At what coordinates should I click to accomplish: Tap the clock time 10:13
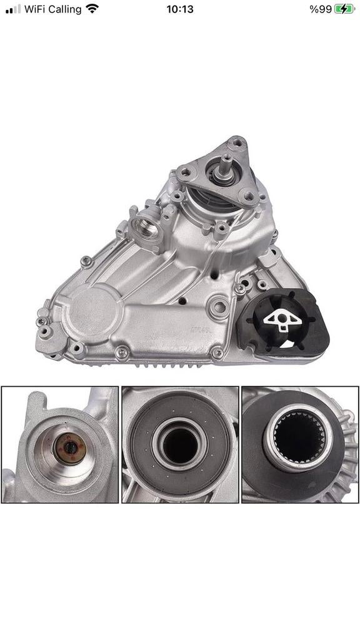[179, 9]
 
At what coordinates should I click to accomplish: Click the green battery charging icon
[344, 9]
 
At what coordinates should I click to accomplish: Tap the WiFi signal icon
[92, 9]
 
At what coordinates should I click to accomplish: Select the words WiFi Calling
[52, 9]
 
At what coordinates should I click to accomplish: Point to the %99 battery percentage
[321, 9]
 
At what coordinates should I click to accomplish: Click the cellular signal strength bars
[13, 9]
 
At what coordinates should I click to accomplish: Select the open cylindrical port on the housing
[145, 226]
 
